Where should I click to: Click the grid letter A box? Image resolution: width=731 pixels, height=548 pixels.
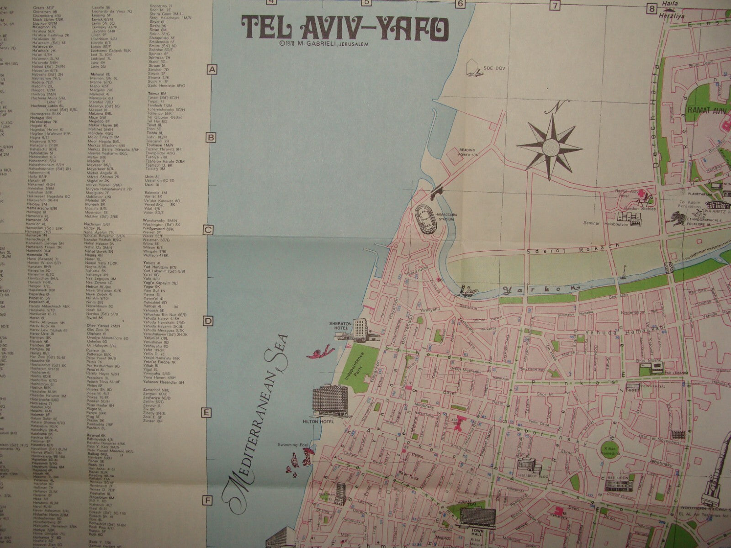click(212, 70)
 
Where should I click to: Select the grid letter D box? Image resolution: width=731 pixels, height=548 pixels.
click(208, 321)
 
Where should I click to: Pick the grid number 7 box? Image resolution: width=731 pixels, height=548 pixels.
click(555, 5)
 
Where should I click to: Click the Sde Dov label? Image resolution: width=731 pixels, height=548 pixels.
click(489, 68)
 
